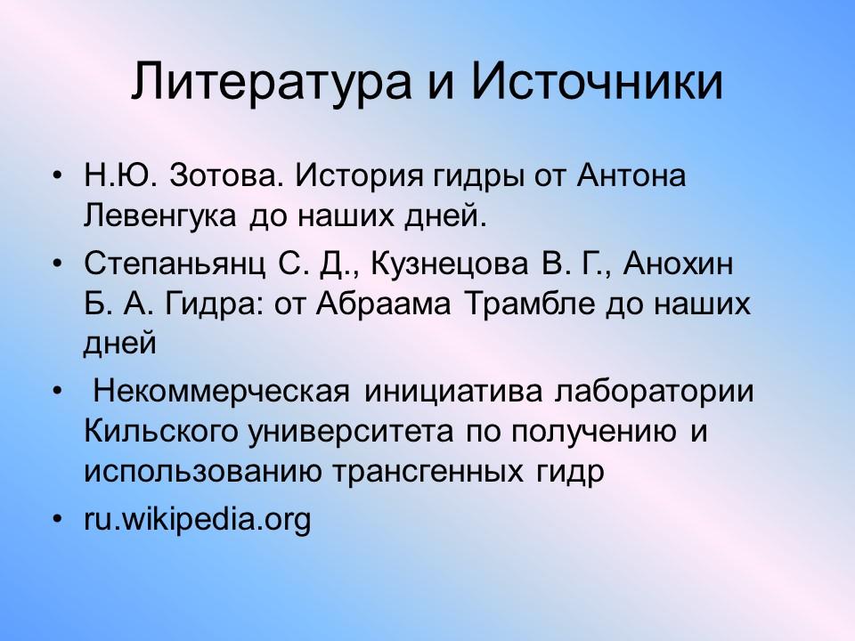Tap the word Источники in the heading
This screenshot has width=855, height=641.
click(x=596, y=84)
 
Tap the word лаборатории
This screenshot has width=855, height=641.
click(x=654, y=392)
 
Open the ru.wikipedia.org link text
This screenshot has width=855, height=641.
click(x=198, y=518)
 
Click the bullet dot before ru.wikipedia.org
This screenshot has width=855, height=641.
click(x=58, y=518)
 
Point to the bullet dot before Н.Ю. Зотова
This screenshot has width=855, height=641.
click(x=58, y=175)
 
